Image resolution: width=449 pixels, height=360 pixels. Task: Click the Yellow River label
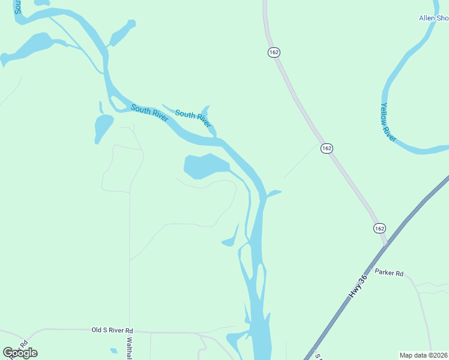coord(388,122)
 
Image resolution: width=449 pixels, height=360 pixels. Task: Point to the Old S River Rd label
coord(112,330)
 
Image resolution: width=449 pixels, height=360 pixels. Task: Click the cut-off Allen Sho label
coord(433,19)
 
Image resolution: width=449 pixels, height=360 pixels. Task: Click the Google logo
coord(20,353)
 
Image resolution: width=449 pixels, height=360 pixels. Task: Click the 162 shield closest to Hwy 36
coord(379,229)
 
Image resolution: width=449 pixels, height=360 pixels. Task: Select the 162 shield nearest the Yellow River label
coord(327,148)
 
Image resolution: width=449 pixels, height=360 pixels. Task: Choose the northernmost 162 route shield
coord(274,53)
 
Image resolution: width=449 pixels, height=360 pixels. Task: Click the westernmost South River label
coord(149,113)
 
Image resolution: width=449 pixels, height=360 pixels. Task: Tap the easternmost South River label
coord(193,118)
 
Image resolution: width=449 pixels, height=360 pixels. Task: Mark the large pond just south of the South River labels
coord(204,166)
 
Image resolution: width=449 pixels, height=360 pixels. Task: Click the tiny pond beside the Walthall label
coord(113,350)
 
